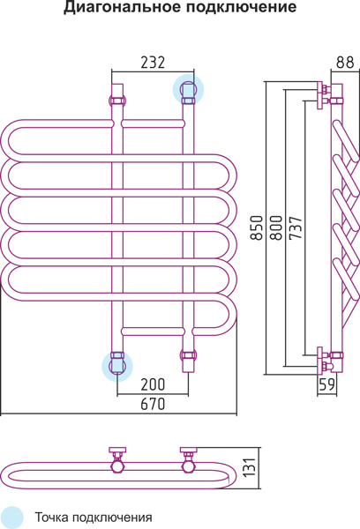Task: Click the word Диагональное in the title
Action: (x=123, y=7)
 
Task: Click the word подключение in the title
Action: (x=241, y=7)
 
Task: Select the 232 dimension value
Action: (x=153, y=63)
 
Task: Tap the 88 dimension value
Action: (x=345, y=63)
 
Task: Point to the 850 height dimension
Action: (x=257, y=227)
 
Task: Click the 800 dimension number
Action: (x=276, y=227)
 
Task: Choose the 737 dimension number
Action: (x=296, y=227)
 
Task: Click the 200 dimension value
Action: (x=153, y=384)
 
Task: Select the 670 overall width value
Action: (x=153, y=404)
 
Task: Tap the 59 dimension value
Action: (x=326, y=384)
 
